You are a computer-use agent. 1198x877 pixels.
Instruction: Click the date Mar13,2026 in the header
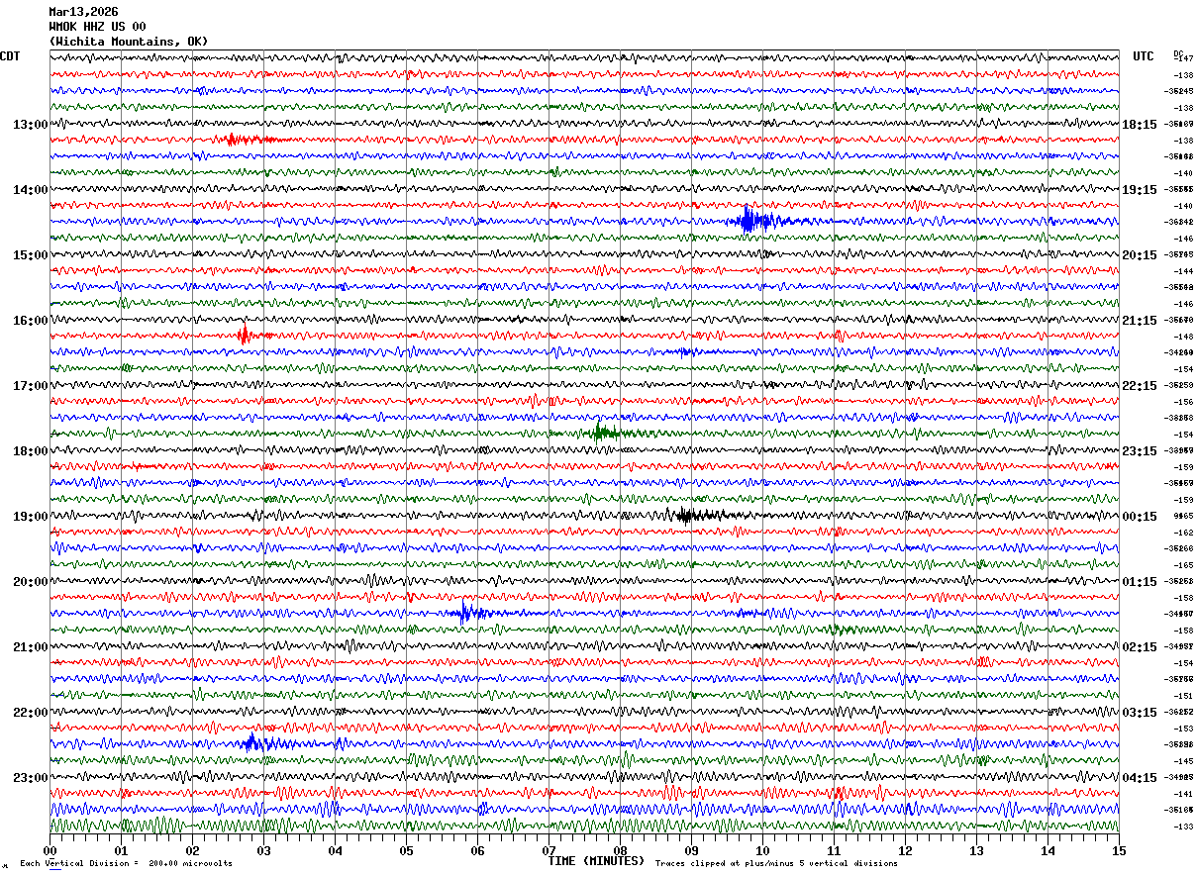pyautogui.click(x=83, y=12)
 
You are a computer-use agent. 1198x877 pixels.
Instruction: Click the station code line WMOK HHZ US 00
pyautogui.click(x=97, y=27)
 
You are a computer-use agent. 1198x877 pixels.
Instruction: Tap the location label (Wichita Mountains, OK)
pyautogui.click(x=128, y=42)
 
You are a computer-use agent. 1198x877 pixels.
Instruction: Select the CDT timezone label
pyautogui.click(x=10, y=56)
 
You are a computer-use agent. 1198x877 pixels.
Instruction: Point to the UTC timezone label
pyautogui.click(x=1144, y=56)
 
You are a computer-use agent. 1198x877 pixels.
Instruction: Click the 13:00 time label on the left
pyautogui.click(x=30, y=125)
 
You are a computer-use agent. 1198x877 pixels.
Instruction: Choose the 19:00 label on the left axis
pyautogui.click(x=30, y=517)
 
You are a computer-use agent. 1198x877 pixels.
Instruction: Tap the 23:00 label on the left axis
pyautogui.click(x=30, y=778)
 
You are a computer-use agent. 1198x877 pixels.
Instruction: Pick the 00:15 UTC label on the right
pyautogui.click(x=1140, y=517)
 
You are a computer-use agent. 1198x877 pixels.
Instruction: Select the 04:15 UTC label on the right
pyautogui.click(x=1140, y=778)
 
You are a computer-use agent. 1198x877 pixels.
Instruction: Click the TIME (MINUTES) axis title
pyautogui.click(x=596, y=861)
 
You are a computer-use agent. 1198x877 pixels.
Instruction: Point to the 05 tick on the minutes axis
pyautogui.click(x=407, y=850)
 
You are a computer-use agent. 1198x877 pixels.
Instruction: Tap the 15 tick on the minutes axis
pyautogui.click(x=1119, y=850)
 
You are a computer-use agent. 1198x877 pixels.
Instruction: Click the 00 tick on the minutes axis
pyautogui.click(x=50, y=850)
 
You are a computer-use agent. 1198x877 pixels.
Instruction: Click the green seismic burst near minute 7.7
pyautogui.click(x=601, y=433)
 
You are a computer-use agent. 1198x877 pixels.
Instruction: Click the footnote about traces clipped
pyautogui.click(x=776, y=863)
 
